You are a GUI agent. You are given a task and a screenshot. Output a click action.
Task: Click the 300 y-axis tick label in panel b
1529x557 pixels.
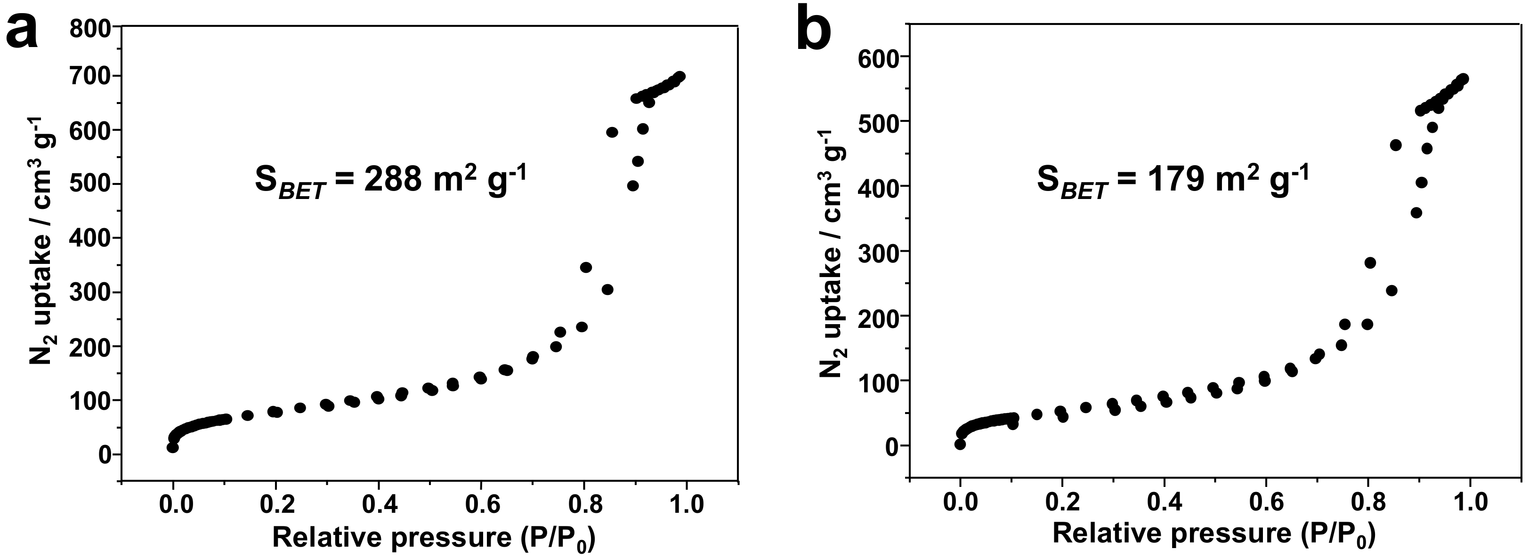(879, 252)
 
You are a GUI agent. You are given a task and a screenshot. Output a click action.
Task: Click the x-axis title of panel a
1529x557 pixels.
(434, 537)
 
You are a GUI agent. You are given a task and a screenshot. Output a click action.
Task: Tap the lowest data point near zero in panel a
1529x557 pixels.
(173, 447)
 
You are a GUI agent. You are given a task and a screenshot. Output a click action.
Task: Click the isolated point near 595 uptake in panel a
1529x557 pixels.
(612, 132)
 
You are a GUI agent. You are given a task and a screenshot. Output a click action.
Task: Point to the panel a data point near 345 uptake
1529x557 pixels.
(586, 268)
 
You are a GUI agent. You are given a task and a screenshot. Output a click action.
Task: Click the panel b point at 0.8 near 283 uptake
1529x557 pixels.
(1370, 263)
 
